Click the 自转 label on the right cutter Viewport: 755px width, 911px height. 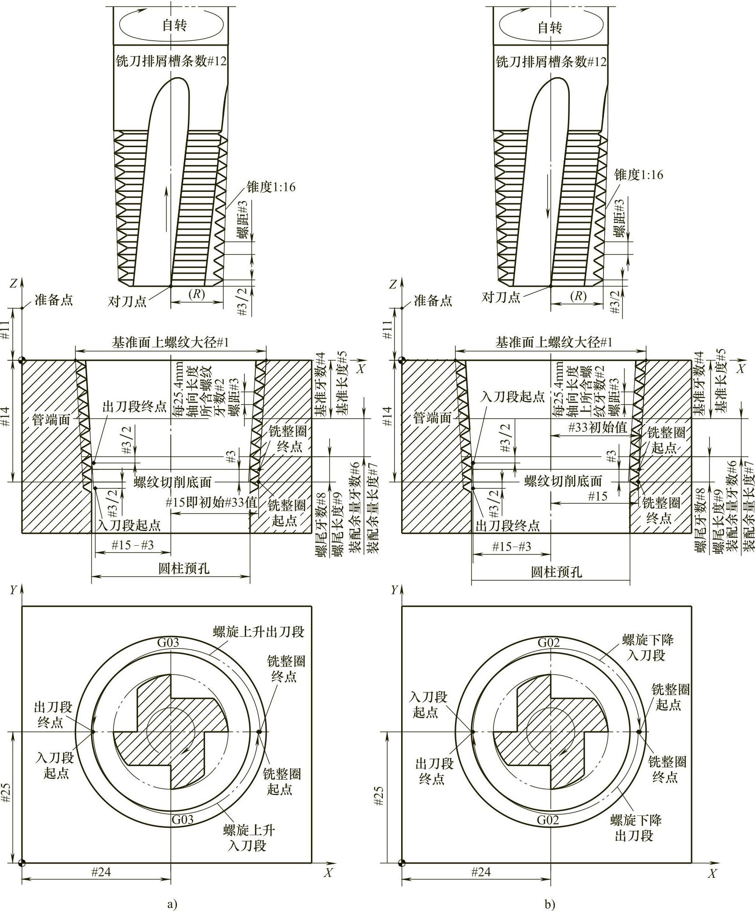click(x=550, y=28)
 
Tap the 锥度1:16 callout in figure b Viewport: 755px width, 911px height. click(x=639, y=175)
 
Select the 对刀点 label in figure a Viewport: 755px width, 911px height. click(x=127, y=301)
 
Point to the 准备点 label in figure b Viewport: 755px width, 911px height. click(x=433, y=300)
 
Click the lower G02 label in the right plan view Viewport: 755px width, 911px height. click(x=548, y=819)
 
